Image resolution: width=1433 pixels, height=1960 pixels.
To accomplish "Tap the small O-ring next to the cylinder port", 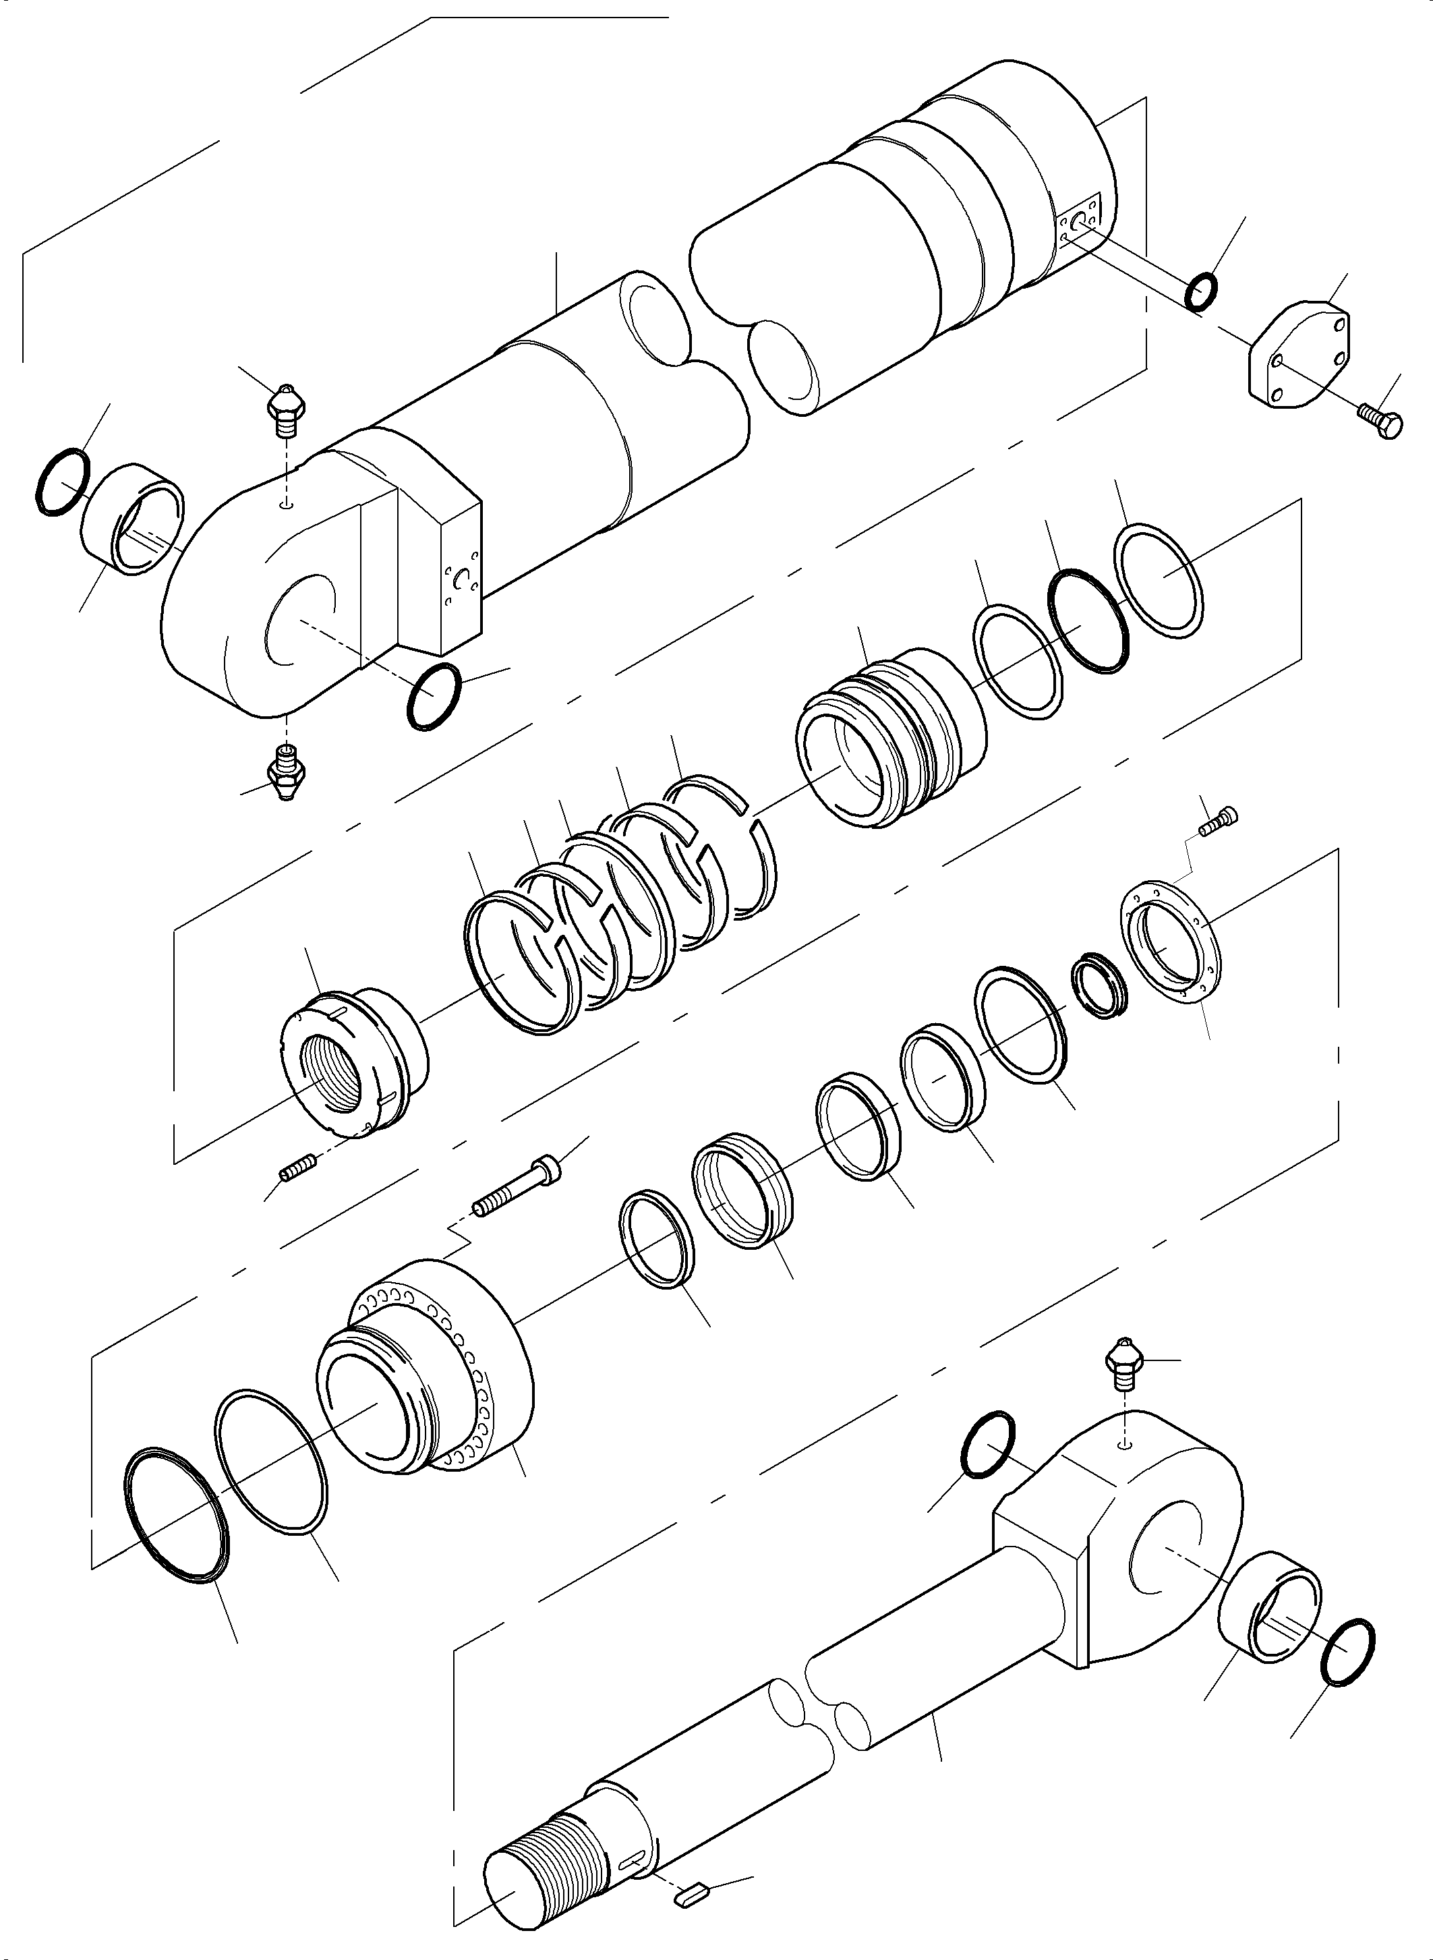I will (1202, 291).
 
